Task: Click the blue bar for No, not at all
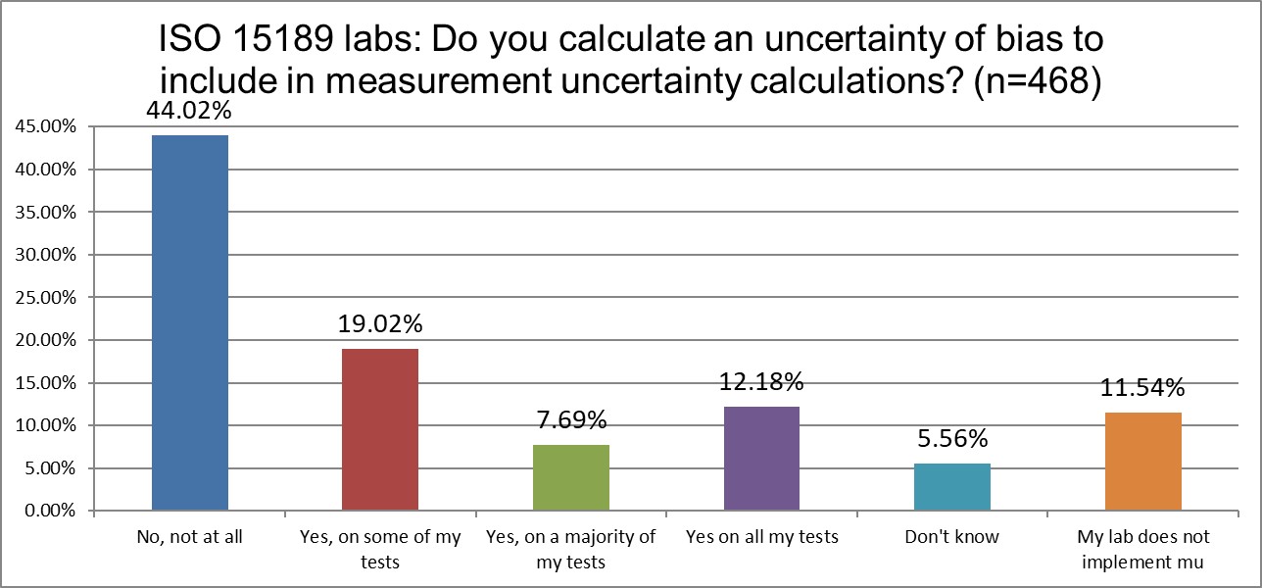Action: pyautogui.click(x=189, y=323)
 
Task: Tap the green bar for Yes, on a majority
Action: pyautogui.click(x=571, y=478)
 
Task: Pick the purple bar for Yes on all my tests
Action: pyautogui.click(x=762, y=459)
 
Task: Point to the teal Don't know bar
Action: pyautogui.click(x=952, y=487)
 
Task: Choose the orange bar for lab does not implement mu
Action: pyautogui.click(x=1143, y=462)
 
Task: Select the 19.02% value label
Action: pyautogui.click(x=380, y=324)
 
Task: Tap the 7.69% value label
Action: pyautogui.click(x=571, y=421)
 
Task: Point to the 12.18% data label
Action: pyautogui.click(x=762, y=382)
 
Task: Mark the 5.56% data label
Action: pyautogui.click(x=952, y=439)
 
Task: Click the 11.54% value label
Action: pyautogui.click(x=1143, y=387)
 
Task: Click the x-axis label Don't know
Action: pyautogui.click(x=952, y=537)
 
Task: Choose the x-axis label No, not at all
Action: pyautogui.click(x=189, y=537)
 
